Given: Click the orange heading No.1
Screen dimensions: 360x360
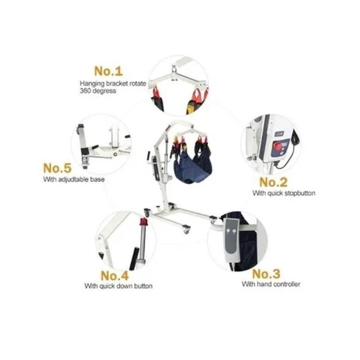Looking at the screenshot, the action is click(x=108, y=71).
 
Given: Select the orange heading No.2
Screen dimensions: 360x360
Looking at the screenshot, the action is click(x=273, y=182).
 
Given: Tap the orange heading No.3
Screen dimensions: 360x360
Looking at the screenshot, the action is click(x=266, y=274).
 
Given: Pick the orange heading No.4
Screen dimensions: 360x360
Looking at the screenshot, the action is click(x=115, y=275).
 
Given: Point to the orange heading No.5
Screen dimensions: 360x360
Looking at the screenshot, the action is click(x=57, y=168).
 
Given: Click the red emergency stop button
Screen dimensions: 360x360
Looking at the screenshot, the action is click(x=276, y=145).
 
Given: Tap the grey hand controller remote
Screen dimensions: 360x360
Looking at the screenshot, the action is click(x=232, y=239).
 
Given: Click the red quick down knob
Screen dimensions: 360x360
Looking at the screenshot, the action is click(x=144, y=221).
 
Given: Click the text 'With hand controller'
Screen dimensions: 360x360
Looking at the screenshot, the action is click(x=271, y=284).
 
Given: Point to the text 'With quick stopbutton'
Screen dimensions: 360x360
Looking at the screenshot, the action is click(x=284, y=193).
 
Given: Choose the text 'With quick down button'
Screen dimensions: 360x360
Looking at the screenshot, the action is click(x=118, y=286).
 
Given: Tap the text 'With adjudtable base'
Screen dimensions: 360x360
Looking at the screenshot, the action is click(x=74, y=179).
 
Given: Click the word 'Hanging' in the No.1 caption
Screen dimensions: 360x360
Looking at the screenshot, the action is click(x=91, y=84).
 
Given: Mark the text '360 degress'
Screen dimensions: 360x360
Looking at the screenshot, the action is click(x=98, y=91).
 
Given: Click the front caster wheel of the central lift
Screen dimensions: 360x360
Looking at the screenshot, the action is click(x=186, y=230).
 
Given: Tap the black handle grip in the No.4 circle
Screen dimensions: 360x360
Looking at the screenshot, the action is click(x=134, y=258).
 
